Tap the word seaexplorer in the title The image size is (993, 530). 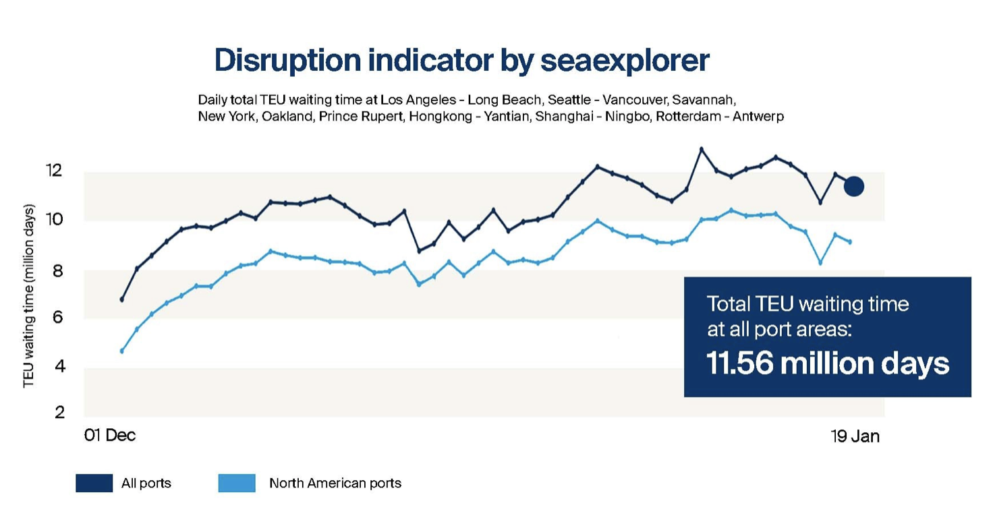[625, 61]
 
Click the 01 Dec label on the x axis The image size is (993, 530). [110, 436]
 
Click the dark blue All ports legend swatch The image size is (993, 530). [94, 483]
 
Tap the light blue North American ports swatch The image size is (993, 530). [237, 483]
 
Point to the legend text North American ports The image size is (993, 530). [335, 483]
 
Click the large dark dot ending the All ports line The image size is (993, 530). [854, 187]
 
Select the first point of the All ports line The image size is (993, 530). [122, 299]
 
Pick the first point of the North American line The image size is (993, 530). [122, 351]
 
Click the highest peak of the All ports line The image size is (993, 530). [702, 149]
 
